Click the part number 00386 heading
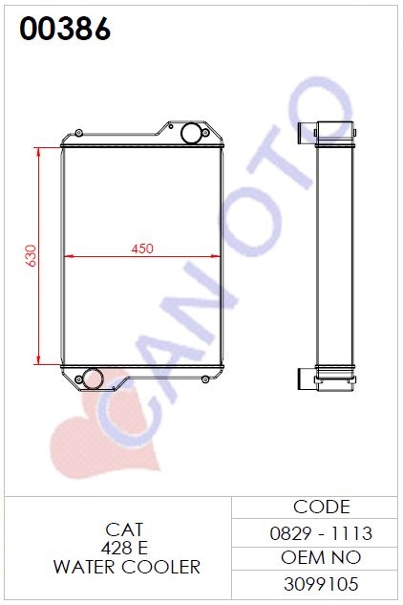click(65, 29)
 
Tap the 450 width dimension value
click(142, 248)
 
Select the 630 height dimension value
click(31, 255)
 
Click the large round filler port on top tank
click(190, 133)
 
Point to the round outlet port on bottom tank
click(93, 378)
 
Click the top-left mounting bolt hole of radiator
click(78, 133)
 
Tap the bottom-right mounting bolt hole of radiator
click(205, 379)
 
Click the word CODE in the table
click(321, 507)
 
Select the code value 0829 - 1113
click(321, 533)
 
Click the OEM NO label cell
click(321, 557)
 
